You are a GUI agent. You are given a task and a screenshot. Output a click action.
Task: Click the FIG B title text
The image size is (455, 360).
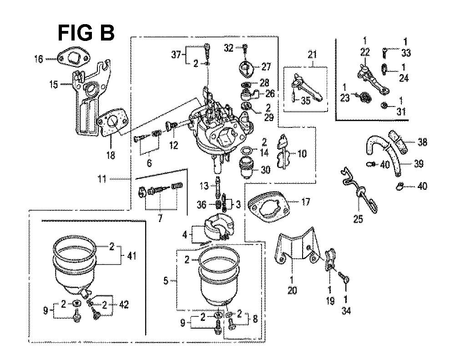click(86, 33)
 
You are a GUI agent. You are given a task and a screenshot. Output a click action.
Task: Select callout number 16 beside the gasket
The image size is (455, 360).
click(39, 58)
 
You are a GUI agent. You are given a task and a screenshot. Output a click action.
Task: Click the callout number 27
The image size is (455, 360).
click(266, 66)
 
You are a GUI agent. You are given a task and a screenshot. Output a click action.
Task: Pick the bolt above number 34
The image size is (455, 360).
click(344, 277)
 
